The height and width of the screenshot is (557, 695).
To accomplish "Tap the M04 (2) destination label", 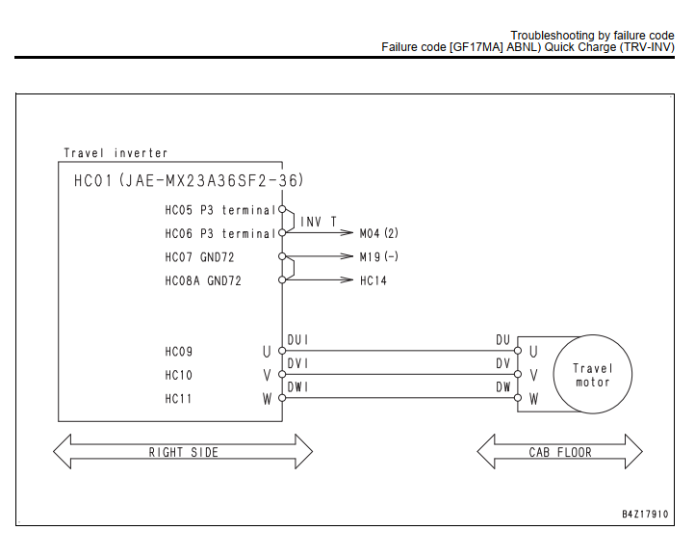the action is point(379,233).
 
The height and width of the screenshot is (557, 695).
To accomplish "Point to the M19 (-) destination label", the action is point(379,256).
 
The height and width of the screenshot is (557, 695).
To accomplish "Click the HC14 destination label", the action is point(373,280).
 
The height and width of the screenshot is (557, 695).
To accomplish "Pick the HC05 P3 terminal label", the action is point(220,210).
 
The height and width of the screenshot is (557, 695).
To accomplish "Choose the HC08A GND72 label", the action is point(203,281).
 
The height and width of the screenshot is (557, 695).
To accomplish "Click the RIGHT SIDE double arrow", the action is point(183,451).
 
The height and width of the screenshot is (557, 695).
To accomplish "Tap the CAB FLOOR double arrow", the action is point(560,451).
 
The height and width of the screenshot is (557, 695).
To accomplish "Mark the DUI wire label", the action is point(297,340).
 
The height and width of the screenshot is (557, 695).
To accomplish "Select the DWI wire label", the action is point(297,387).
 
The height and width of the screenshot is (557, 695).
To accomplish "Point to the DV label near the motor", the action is point(503,363).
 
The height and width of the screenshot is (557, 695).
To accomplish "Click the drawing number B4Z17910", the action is point(645,514).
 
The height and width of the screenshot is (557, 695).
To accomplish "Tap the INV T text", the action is point(319,222).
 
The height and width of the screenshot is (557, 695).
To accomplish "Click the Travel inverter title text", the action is point(116,153).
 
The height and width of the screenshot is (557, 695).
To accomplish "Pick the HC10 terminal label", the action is point(179,375).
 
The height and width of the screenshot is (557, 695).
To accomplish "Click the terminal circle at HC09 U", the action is point(282,351).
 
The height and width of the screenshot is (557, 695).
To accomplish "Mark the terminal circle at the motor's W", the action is point(518,398).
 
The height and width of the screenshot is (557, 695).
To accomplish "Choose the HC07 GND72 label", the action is point(199,257).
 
